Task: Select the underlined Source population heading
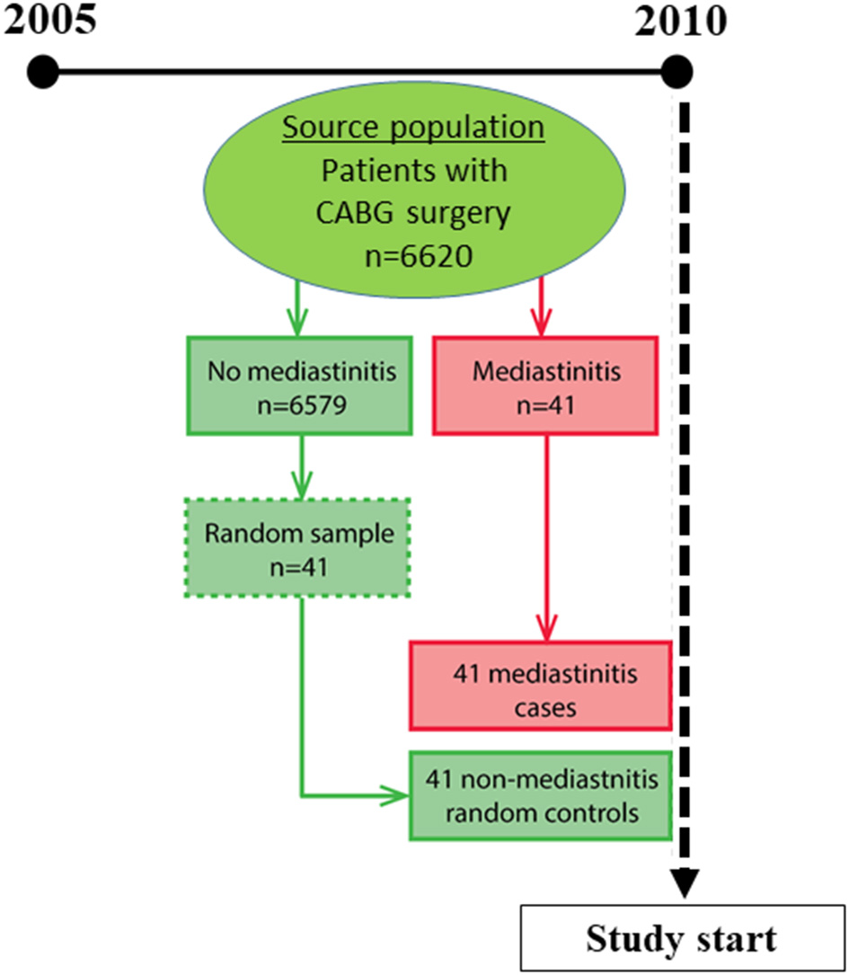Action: click(x=413, y=129)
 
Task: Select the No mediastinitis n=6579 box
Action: click(x=299, y=386)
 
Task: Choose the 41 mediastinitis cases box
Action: click(x=541, y=685)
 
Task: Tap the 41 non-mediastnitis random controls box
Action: click(x=540, y=795)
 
